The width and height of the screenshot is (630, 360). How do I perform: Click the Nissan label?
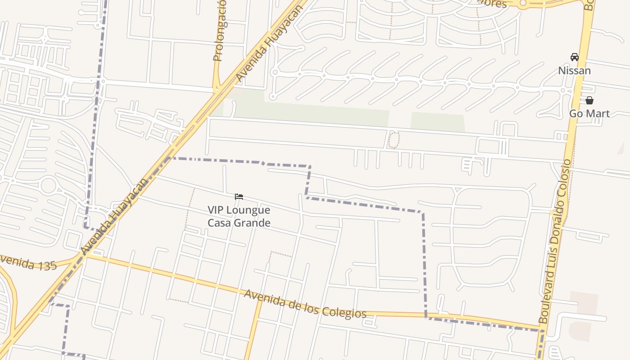(574, 71)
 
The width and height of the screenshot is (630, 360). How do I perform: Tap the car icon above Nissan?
(575, 57)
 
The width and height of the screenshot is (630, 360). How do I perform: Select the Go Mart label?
(589, 113)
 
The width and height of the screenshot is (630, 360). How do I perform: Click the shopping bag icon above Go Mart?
(589, 100)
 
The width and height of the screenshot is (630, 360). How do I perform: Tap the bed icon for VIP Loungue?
(239, 197)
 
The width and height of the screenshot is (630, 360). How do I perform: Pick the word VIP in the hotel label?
(216, 210)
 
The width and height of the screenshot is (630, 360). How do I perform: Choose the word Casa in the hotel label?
(220, 223)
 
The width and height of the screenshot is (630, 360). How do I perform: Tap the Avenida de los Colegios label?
(305, 305)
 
